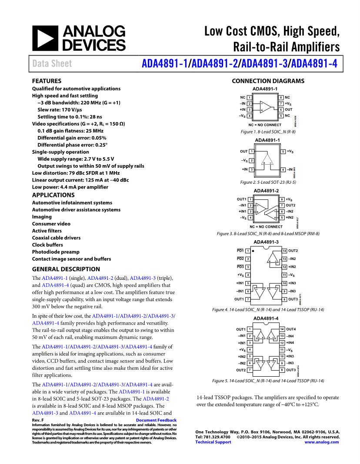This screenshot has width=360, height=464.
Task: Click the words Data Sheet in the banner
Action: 52,64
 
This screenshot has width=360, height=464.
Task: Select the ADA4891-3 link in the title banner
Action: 265,63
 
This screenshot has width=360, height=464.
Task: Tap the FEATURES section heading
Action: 47,81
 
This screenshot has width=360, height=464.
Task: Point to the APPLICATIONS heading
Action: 53,195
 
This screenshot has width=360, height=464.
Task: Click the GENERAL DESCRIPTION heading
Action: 66,269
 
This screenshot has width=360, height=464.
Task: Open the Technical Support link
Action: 213,442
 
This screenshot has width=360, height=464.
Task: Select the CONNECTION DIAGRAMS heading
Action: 268,81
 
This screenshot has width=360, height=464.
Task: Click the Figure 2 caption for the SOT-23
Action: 268,182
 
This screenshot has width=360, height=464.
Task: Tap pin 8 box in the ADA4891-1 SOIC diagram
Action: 281,98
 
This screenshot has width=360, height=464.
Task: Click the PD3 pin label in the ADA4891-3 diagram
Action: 240,267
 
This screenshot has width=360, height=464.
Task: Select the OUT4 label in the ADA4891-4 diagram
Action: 292,329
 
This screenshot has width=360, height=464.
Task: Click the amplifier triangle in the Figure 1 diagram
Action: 265,107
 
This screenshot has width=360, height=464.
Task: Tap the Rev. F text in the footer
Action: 38,420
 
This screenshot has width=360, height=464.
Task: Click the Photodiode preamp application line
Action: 56,252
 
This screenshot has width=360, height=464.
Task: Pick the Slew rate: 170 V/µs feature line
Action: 60,110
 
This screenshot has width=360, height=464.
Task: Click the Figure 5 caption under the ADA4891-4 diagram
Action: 268,381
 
